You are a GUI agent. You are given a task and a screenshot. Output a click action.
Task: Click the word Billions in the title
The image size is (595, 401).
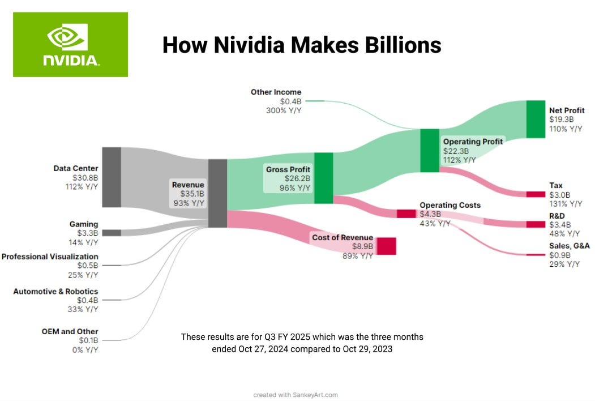400,45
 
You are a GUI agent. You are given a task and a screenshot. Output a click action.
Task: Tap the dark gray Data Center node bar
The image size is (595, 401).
112,177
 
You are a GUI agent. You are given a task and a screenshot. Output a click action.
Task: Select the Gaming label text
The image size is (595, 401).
84,224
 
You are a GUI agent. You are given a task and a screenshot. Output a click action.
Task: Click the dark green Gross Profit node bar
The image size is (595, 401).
323,178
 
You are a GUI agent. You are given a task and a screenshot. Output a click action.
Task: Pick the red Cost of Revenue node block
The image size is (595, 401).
386,246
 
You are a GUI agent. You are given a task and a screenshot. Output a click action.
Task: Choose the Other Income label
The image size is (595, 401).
276,92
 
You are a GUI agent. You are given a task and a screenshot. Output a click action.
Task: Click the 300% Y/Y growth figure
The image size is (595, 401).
284,110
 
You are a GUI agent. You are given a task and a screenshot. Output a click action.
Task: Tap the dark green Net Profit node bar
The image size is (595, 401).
535,119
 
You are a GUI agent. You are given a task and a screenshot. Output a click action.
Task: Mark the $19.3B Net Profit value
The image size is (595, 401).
562,120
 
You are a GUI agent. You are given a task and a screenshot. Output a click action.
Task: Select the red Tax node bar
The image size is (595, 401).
535,194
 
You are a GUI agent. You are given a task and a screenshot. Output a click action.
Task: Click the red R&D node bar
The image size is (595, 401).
535,224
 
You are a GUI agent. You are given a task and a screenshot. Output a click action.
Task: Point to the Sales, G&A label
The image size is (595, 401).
570,246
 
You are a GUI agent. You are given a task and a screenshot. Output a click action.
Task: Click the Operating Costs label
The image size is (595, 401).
450,205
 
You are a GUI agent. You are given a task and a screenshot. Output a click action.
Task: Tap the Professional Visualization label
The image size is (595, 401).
50,257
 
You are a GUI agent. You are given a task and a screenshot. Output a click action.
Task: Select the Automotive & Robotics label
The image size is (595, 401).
55,291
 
